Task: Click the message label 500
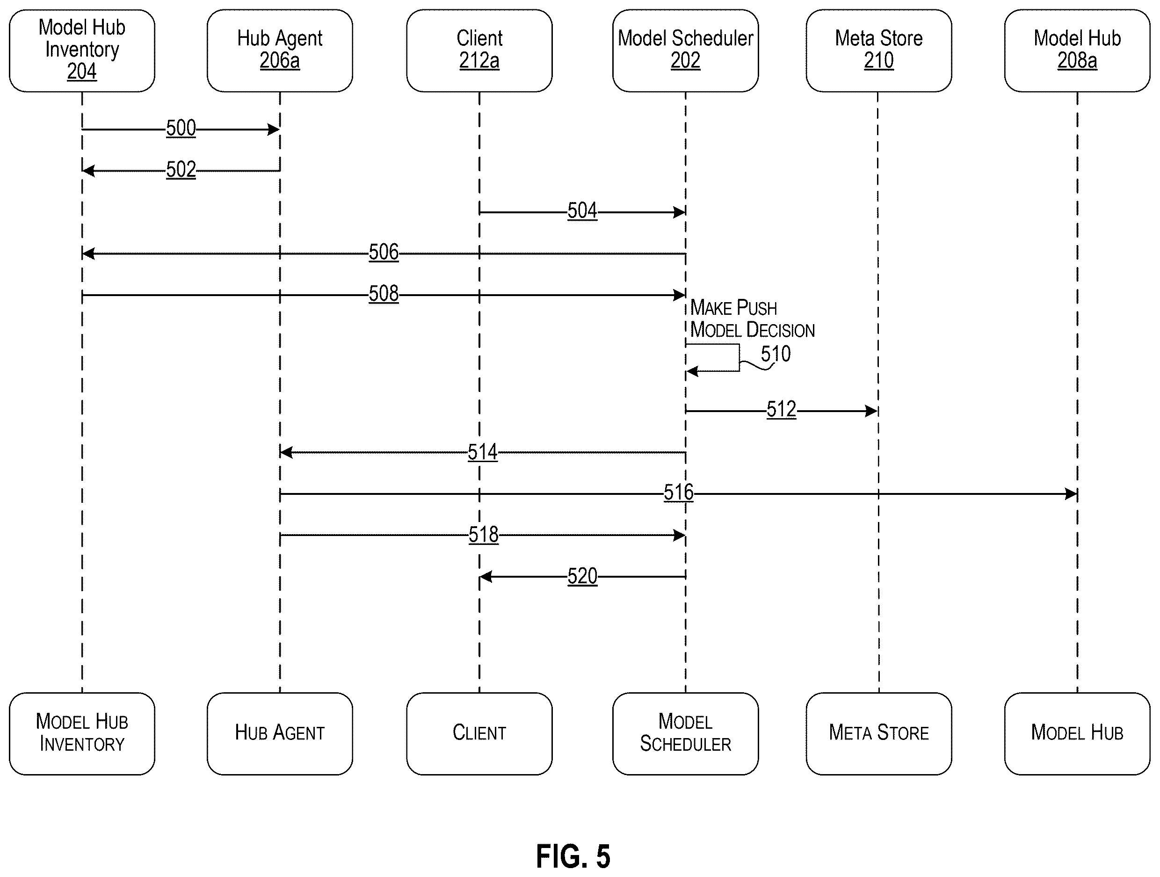pyautogui.click(x=181, y=129)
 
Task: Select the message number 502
pyautogui.click(x=181, y=170)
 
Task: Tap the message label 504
pyautogui.click(x=582, y=211)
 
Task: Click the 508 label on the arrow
pyautogui.click(x=384, y=294)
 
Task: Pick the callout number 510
pyautogui.click(x=776, y=354)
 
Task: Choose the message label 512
pyautogui.click(x=781, y=410)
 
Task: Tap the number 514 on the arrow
pyautogui.click(x=482, y=452)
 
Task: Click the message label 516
pyautogui.click(x=679, y=493)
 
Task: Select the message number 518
pyautogui.click(x=483, y=535)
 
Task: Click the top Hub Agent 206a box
pyautogui.click(x=280, y=51)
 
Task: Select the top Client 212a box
pyautogui.click(x=479, y=51)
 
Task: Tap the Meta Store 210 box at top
pyautogui.click(x=879, y=51)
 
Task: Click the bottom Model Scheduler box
pyautogui.click(x=685, y=733)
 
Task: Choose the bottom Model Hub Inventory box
pyautogui.click(x=82, y=733)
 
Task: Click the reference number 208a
pyautogui.click(x=1077, y=61)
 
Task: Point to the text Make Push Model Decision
pyautogui.click(x=752, y=319)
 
